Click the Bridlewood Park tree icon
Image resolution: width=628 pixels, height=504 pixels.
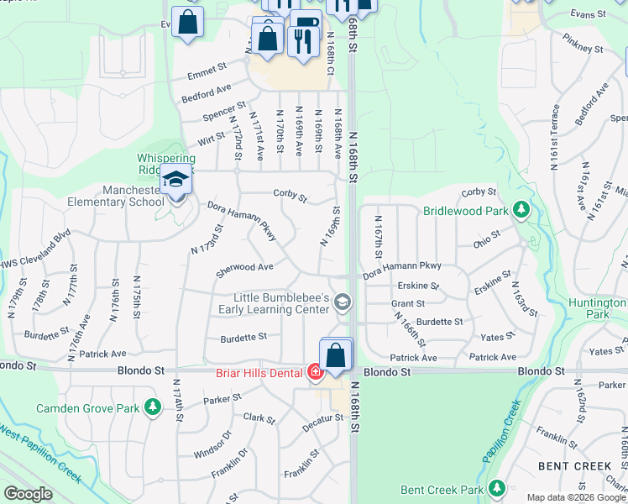(521, 208)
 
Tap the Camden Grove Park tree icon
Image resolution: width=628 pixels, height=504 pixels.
(152, 408)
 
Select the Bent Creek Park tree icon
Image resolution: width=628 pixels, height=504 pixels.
(496, 488)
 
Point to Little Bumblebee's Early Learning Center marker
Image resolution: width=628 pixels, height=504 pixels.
(342, 302)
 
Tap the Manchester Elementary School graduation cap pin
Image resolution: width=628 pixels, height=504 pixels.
(175, 181)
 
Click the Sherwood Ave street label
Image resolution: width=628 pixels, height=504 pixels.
(244, 269)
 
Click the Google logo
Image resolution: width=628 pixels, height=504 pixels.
(28, 494)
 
